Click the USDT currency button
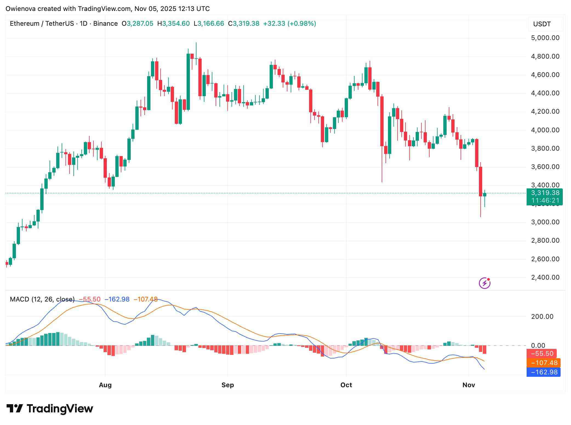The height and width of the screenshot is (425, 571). pyautogui.click(x=542, y=24)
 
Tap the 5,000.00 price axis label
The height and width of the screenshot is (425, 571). pyautogui.click(x=545, y=38)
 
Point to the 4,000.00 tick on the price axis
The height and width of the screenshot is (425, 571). pyautogui.click(x=545, y=130)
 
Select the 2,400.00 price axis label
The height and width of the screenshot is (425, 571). pyautogui.click(x=545, y=277)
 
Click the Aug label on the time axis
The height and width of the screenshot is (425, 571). pyautogui.click(x=105, y=385)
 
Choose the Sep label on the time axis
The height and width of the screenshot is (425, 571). pyautogui.click(x=228, y=385)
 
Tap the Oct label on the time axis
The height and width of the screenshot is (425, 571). pyautogui.click(x=346, y=385)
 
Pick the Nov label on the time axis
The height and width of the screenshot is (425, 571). pyautogui.click(x=469, y=385)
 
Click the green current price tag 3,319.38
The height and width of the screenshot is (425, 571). pyautogui.click(x=544, y=193)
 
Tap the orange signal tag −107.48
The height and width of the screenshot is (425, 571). pyautogui.click(x=544, y=363)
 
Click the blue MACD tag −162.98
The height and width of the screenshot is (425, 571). pyautogui.click(x=544, y=372)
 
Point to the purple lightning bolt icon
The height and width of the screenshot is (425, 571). pyautogui.click(x=484, y=283)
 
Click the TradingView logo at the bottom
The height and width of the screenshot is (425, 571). pyautogui.click(x=50, y=409)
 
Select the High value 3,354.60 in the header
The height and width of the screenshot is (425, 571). pyautogui.click(x=176, y=24)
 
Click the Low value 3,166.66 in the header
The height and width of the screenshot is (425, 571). pyautogui.click(x=210, y=24)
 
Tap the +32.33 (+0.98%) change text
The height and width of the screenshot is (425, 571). pyautogui.click(x=289, y=24)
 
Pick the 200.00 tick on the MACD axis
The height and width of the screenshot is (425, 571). pyautogui.click(x=542, y=317)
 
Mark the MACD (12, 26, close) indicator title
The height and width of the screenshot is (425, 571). pyautogui.click(x=42, y=299)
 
